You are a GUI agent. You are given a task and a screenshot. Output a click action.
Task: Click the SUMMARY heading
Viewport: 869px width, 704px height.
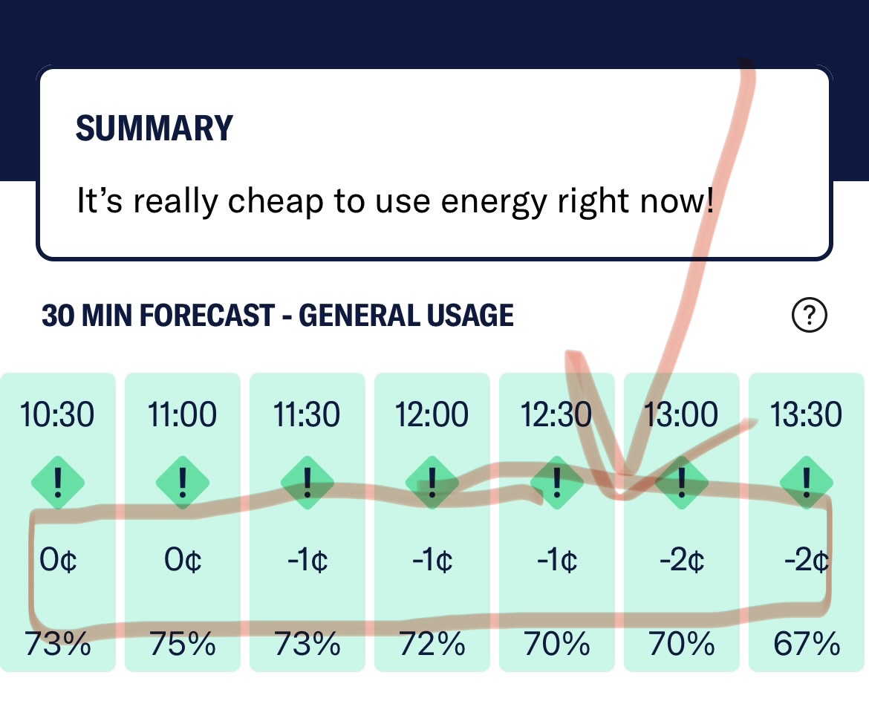(x=154, y=128)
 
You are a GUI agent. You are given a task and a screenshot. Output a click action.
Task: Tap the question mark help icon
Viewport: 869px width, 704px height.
(x=810, y=316)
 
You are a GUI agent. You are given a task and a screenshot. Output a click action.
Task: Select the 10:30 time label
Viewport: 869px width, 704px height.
(x=57, y=414)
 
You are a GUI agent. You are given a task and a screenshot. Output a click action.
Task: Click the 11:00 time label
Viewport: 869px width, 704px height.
(x=182, y=414)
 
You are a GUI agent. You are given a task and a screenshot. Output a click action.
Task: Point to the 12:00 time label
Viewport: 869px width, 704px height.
(x=432, y=414)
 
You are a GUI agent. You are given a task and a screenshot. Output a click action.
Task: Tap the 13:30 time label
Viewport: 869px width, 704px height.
(x=806, y=414)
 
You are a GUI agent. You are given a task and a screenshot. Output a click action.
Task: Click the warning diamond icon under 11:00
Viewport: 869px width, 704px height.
(x=182, y=483)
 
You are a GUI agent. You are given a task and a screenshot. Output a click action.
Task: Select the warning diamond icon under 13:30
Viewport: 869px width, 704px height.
(x=806, y=483)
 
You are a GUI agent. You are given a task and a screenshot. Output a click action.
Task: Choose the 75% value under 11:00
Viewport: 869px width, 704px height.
(x=182, y=643)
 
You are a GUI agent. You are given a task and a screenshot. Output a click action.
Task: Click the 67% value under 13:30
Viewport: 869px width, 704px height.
(x=806, y=643)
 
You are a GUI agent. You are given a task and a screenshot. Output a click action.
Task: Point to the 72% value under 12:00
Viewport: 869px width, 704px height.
(x=432, y=643)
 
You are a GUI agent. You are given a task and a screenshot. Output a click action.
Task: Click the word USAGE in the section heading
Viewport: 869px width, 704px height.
(x=470, y=316)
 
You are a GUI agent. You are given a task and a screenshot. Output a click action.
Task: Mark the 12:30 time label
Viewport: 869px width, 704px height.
(x=556, y=414)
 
